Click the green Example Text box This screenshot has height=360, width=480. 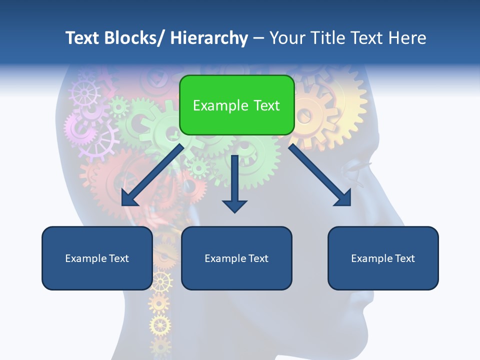tap(236, 105)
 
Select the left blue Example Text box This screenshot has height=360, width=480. tap(97, 258)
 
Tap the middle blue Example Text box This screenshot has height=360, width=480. tap(236, 258)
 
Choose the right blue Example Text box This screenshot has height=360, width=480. tap(383, 258)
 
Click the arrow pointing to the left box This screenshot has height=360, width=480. tap(152, 175)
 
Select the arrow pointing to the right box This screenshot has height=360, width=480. tap(320, 175)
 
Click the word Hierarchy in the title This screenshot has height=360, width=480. tap(209, 38)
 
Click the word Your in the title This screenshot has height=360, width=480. tap(287, 38)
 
